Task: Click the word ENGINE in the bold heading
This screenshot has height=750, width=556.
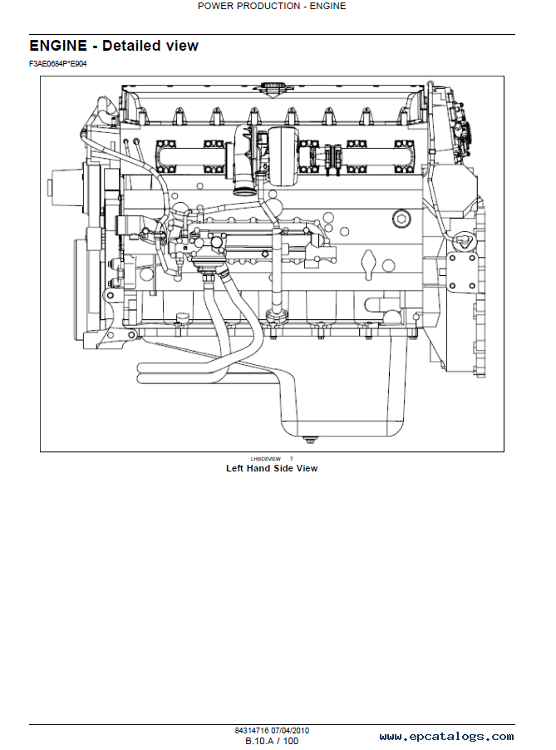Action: (58, 46)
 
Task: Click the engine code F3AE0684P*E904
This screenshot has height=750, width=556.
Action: (58, 64)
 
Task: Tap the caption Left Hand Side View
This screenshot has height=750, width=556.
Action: (272, 468)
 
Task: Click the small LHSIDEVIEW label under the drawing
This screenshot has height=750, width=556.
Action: (265, 459)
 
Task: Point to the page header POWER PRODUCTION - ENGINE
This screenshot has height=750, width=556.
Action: (272, 6)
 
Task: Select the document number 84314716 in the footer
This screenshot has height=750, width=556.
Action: (252, 730)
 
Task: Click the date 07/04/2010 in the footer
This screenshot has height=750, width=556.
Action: (290, 730)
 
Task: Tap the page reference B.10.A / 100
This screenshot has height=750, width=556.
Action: (272, 741)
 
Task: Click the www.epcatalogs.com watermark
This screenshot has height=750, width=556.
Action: (446, 737)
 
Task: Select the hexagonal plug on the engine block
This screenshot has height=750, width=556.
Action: (401, 220)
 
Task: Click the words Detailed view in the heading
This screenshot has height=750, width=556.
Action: (150, 46)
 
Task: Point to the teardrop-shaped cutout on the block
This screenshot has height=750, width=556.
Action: (369, 265)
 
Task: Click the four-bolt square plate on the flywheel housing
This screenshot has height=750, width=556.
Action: (461, 272)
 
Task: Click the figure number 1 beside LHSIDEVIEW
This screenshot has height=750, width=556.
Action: (291, 459)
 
